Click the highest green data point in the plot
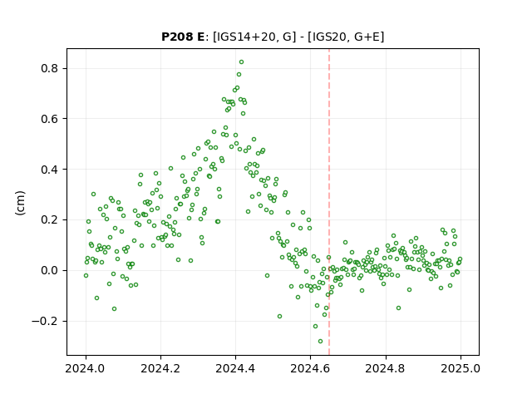[x=241, y=62]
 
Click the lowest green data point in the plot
[x=320, y=342]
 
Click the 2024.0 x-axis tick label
[x=86, y=368]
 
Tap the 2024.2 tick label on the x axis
[x=160, y=368]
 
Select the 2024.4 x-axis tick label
[x=235, y=368]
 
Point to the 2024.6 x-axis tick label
[x=310, y=368]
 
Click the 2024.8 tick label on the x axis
[x=386, y=368]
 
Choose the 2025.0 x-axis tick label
[x=461, y=368]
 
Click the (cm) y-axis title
[x=20, y=203]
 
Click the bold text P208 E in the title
[x=183, y=37]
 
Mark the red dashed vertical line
[x=329, y=202]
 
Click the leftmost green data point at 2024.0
[x=86, y=275]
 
